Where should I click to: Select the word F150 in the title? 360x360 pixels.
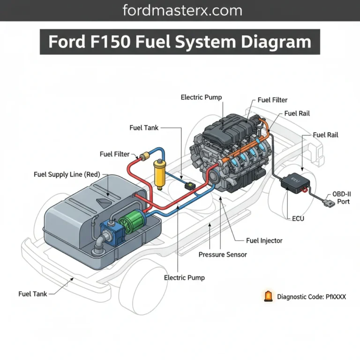[112, 42]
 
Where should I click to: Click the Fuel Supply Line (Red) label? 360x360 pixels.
[67, 174]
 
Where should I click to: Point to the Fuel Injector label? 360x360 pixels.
[264, 240]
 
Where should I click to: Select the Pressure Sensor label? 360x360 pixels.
[223, 255]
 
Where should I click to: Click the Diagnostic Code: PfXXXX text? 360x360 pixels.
[311, 296]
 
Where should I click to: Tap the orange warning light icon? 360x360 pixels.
[268, 296]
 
